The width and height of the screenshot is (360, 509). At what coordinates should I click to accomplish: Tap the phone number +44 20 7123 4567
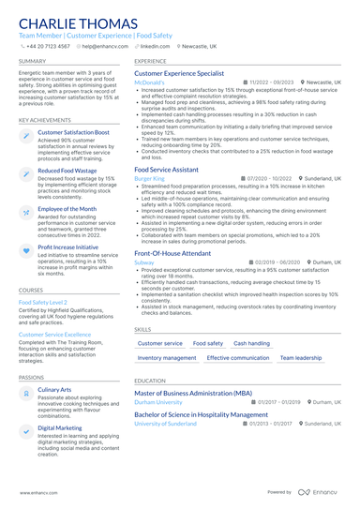(49, 45)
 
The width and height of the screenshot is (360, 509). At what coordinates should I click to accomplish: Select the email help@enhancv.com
(106, 45)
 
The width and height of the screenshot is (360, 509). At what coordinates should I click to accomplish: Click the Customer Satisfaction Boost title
(73, 133)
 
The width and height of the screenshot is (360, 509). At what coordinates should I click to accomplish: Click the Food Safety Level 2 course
(43, 303)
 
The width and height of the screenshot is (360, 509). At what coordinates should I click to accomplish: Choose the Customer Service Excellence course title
(54, 334)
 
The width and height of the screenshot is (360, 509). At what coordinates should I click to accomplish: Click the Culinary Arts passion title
(54, 389)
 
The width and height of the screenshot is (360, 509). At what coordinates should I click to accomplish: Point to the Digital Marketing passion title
(59, 427)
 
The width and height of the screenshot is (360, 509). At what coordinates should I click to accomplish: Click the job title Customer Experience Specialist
(179, 72)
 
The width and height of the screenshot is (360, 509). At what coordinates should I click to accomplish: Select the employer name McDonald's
(149, 82)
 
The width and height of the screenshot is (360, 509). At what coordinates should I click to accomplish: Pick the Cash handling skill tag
(251, 344)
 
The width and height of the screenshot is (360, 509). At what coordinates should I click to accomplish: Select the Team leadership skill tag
(301, 358)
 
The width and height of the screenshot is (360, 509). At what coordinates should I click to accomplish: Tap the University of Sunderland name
(167, 424)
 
